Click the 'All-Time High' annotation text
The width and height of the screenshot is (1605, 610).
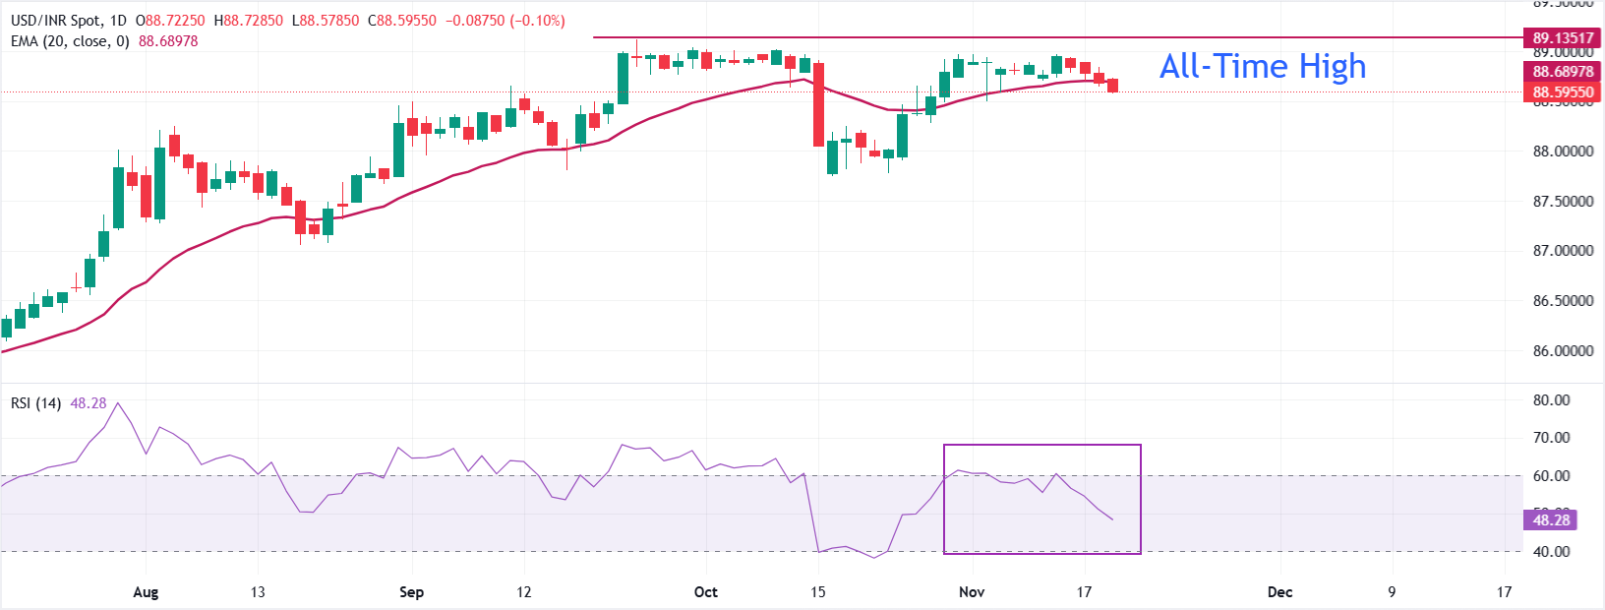pyautogui.click(x=1263, y=66)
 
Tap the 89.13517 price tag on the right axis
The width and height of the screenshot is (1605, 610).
pyautogui.click(x=1563, y=38)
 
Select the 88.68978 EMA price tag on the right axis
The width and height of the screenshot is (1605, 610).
pyautogui.click(x=1563, y=72)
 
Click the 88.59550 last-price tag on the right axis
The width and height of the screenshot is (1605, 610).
pyautogui.click(x=1563, y=92)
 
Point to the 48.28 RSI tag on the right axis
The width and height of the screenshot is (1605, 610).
pyautogui.click(x=1551, y=520)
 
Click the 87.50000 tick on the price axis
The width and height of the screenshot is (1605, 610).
pyautogui.click(x=1563, y=202)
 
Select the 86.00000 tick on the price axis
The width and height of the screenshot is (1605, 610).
pyautogui.click(x=1563, y=351)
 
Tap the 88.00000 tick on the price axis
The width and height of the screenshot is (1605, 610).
pyautogui.click(x=1563, y=152)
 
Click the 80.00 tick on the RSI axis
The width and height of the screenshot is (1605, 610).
pyautogui.click(x=1551, y=400)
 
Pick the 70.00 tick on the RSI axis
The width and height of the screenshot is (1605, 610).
pyautogui.click(x=1551, y=438)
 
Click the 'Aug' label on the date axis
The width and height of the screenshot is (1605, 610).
pyautogui.click(x=146, y=592)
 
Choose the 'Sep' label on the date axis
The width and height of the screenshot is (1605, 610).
pyautogui.click(x=411, y=592)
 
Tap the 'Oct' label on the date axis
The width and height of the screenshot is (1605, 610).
pyautogui.click(x=705, y=592)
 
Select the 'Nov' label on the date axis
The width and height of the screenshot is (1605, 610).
pyautogui.click(x=972, y=592)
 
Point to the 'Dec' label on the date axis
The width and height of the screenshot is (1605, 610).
pyautogui.click(x=1279, y=592)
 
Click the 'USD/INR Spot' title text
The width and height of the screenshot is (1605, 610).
pyautogui.click(x=55, y=21)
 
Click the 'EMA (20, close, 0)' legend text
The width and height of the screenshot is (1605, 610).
pyautogui.click(x=70, y=41)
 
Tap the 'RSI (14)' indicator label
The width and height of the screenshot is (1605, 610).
pyautogui.click(x=35, y=403)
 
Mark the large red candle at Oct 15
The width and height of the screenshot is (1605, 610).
pyautogui.click(x=818, y=104)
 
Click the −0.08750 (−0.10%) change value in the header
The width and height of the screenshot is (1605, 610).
pyautogui.click(x=505, y=21)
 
